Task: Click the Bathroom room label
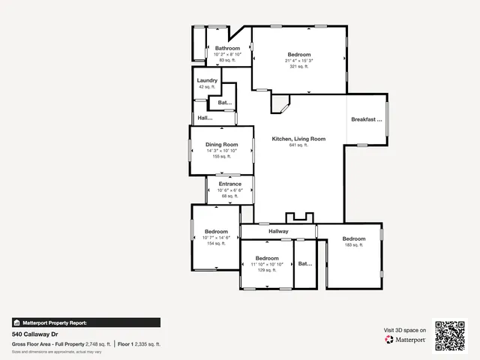[x=227, y=49]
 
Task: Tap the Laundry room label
[x=207, y=80]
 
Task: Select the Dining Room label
[x=222, y=145]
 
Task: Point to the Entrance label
[x=230, y=184]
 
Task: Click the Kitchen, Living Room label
[x=298, y=139]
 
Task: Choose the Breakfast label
[x=367, y=119]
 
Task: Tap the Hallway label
[x=278, y=232]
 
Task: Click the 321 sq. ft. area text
[x=299, y=67]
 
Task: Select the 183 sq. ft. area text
[x=353, y=245]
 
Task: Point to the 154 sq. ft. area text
[x=216, y=244]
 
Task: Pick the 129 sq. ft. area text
[x=267, y=270]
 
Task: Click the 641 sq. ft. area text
[x=298, y=145]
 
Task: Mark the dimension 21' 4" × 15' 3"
[x=299, y=61]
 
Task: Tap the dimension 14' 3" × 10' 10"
[x=222, y=151]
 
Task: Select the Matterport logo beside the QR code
[x=406, y=340]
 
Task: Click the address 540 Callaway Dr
[x=35, y=334]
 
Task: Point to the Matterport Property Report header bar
[x=85, y=322]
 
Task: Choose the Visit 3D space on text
[x=405, y=330]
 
